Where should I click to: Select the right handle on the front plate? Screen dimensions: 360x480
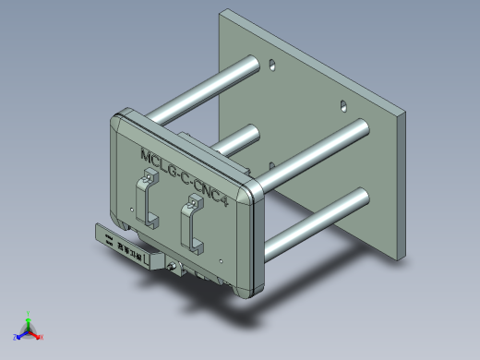[x=192, y=225]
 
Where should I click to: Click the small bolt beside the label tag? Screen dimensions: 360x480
[x=171, y=269]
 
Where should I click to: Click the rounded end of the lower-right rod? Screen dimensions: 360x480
[x=361, y=198]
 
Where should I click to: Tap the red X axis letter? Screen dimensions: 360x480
[x=42, y=337]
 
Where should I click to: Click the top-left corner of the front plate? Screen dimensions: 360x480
[x=119, y=117]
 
